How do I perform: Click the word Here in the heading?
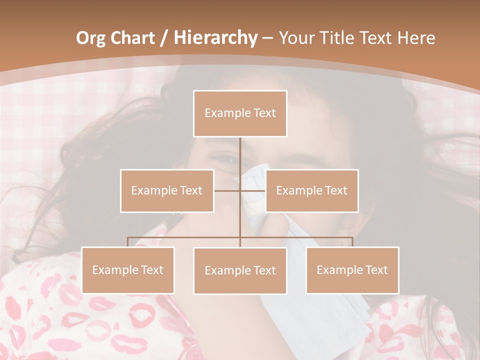tap(416, 38)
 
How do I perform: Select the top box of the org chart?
tap(240, 113)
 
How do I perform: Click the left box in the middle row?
tap(167, 190)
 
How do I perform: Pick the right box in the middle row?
tap(312, 190)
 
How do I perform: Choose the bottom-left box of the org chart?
tap(128, 270)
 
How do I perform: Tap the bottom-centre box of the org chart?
tap(240, 271)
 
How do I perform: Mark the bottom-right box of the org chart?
tap(352, 270)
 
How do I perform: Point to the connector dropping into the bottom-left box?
tap(128, 242)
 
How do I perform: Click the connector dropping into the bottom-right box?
tap(352, 242)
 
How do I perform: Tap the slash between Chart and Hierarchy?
tap(164, 38)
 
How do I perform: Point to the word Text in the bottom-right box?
tap(376, 270)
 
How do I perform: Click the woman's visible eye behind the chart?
tap(227, 160)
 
